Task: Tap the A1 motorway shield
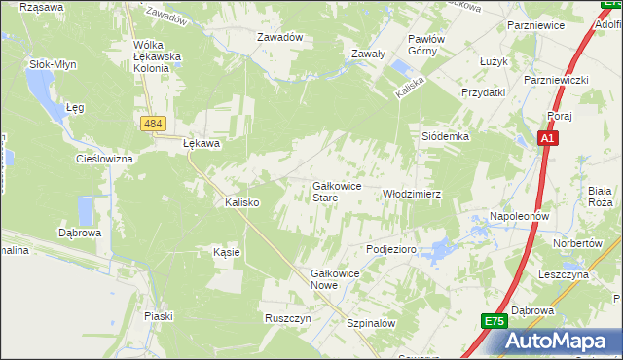tap(549, 140)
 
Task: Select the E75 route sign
tap(494, 321)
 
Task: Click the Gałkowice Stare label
tap(337, 191)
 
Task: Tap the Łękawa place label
tap(202, 143)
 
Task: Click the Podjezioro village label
tap(391, 250)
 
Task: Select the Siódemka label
tap(445, 137)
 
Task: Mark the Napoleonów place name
tap(520, 215)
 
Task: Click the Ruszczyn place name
tap(287, 318)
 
